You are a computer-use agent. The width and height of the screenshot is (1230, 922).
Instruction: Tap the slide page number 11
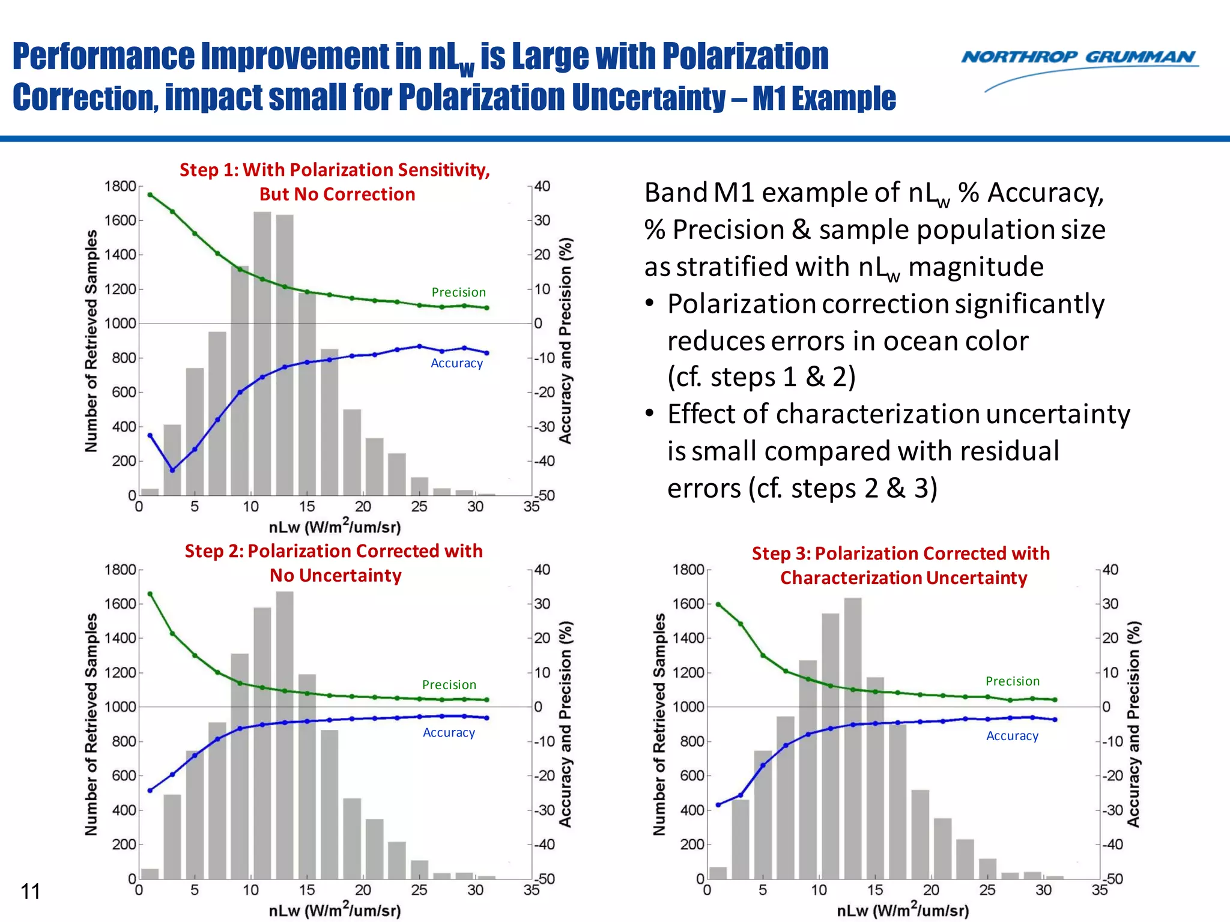30,891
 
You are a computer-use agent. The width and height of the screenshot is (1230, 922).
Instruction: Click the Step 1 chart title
335,182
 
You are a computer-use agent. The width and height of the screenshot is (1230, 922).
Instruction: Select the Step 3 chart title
901,565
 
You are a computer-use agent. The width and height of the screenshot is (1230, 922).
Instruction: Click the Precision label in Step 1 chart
458,292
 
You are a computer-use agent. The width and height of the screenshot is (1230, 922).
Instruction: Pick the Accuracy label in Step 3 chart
1012,736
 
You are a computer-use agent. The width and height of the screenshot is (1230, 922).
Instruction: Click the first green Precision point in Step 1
150,194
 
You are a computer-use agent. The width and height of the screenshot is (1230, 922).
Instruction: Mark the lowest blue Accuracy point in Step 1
172,470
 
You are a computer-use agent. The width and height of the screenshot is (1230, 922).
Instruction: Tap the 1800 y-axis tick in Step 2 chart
120,570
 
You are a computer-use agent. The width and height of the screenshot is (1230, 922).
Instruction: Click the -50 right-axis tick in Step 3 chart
1114,879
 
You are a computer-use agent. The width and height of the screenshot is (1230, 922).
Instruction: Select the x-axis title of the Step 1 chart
335,526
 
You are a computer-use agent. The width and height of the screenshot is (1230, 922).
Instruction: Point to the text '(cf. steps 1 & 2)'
761,378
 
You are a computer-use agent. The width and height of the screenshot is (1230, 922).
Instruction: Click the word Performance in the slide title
103,57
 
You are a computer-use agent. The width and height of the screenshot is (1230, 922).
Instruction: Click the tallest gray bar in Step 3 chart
853,738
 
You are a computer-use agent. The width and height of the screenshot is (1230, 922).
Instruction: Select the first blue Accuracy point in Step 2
150,791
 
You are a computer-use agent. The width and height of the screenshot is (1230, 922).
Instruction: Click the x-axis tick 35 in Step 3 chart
1100,890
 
